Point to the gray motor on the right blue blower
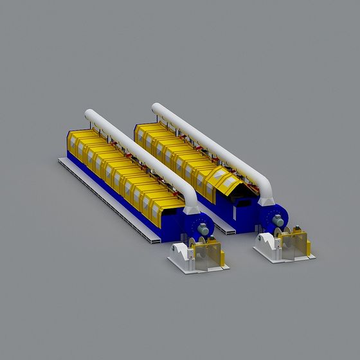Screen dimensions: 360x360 click(x=278, y=221)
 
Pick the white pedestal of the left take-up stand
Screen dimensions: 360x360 click(x=181, y=251)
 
